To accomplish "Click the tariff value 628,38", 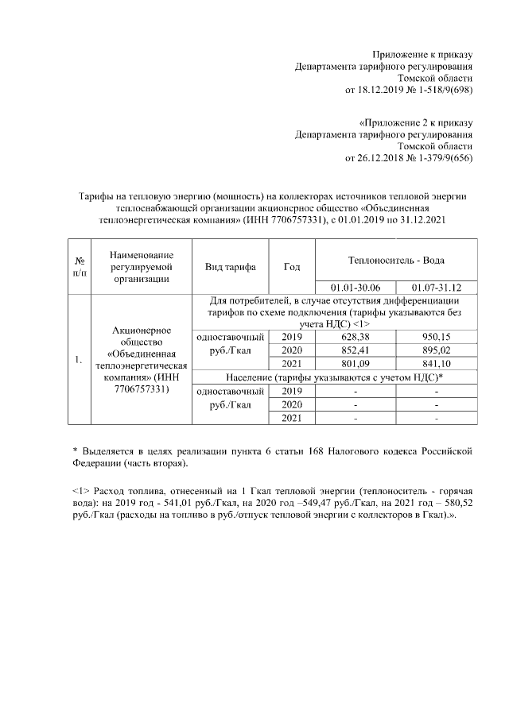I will click(356, 337).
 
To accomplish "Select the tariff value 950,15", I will click(437, 337).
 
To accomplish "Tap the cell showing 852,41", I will click(356, 350).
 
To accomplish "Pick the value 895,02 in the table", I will click(437, 350).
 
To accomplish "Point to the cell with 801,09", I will click(356, 364).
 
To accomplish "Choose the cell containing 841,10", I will click(437, 364).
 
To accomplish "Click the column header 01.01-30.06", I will click(356, 287).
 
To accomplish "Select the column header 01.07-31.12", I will click(437, 287).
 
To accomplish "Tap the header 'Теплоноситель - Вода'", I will click(396, 260).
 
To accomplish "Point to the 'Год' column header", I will click(292, 267).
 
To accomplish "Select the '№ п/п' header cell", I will click(80, 267).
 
